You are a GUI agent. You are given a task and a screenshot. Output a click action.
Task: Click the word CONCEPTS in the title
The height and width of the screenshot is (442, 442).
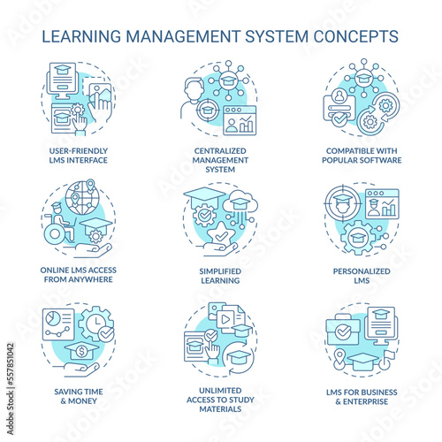tap(355, 36)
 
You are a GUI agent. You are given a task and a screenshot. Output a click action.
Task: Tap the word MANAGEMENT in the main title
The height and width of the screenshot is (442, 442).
tap(183, 36)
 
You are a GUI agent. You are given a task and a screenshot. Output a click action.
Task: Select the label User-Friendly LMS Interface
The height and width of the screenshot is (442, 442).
tap(79, 156)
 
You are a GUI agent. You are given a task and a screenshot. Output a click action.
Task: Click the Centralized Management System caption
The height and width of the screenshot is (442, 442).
tap(220, 160)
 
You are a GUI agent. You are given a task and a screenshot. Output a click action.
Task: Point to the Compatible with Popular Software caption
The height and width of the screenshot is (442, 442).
tap(362, 156)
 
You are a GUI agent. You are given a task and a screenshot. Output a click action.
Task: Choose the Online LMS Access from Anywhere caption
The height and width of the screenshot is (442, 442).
tap(79, 275)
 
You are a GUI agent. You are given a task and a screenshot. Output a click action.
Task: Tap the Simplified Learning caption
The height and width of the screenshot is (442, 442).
tap(220, 276)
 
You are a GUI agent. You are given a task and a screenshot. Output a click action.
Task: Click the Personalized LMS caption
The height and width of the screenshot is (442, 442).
tap(362, 276)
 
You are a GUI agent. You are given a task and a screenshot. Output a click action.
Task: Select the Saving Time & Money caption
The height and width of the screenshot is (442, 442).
tap(79, 396)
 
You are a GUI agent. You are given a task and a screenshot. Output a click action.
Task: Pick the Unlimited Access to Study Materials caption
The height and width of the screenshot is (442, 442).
tap(220, 400)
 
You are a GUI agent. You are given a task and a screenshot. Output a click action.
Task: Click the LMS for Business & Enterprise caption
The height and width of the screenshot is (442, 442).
tap(362, 397)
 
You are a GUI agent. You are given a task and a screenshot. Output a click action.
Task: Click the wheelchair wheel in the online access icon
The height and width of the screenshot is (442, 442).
tap(55, 234)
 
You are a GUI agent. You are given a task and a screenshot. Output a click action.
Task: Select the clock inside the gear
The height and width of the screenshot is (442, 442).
tap(96, 323)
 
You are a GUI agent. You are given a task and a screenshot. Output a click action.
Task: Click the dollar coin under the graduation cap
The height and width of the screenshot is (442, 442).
tap(81, 352)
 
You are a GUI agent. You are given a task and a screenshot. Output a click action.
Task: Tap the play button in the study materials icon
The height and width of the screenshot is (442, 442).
tap(225, 319)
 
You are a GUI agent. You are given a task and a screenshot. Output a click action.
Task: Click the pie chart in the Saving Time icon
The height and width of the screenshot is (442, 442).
tap(53, 319)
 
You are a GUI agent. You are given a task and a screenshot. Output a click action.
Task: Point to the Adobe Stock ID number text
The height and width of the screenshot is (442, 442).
tap(11, 364)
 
